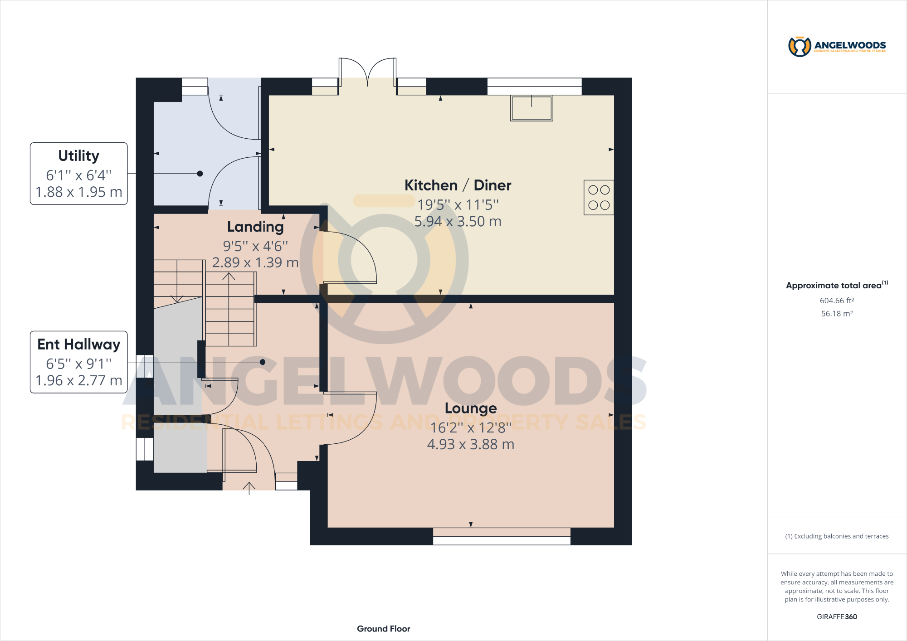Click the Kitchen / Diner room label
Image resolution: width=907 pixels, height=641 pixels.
click(458, 185)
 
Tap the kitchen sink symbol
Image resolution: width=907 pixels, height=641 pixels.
click(532, 108)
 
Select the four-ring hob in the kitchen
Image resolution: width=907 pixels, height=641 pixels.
click(599, 198)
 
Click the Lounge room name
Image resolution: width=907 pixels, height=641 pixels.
click(471, 408)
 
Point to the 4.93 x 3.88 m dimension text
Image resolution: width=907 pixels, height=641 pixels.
click(471, 444)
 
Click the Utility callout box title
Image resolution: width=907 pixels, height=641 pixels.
click(78, 156)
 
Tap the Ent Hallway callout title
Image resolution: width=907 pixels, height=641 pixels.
click(78, 345)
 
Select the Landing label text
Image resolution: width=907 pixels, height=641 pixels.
click(255, 227)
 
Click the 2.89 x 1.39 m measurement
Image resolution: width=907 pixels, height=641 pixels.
click(255, 262)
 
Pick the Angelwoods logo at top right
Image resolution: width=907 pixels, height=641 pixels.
click(837, 46)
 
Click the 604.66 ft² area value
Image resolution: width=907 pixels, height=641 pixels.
click(837, 301)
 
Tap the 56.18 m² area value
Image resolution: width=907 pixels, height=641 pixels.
click(837, 314)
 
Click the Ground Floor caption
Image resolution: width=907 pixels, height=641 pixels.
click(383, 629)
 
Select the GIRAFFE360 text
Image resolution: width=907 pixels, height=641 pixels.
click(837, 617)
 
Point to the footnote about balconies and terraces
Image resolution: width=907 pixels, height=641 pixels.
click(837, 536)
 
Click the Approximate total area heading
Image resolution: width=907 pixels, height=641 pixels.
click(834, 286)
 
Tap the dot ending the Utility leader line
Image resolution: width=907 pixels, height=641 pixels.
click(200, 174)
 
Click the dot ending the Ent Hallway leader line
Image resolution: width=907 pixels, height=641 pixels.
click(263, 362)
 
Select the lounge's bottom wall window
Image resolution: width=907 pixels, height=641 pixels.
click(502, 537)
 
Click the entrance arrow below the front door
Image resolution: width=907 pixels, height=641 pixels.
click(249, 488)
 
